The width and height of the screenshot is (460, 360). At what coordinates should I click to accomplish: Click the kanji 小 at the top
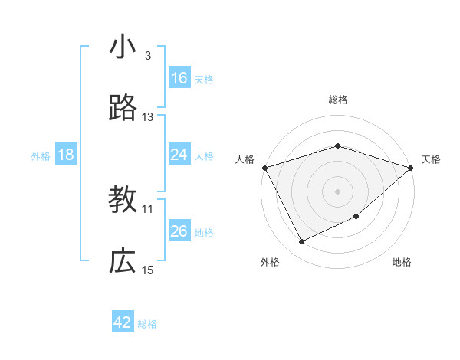tap(123, 47)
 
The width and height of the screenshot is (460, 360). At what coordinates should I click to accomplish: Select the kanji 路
tap(123, 109)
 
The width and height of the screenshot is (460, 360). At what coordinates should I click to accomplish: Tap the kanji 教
tap(123, 200)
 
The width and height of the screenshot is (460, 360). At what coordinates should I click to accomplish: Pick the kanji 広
tap(123, 261)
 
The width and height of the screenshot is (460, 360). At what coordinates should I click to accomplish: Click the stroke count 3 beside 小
tap(148, 56)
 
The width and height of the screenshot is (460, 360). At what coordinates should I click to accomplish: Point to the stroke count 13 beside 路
tap(148, 117)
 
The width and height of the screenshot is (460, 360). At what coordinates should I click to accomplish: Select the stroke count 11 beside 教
tap(148, 208)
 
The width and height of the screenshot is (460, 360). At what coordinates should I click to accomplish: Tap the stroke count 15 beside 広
tap(148, 270)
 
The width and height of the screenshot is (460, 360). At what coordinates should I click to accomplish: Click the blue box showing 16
tap(179, 78)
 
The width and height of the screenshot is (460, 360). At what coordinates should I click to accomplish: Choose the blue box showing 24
tap(179, 155)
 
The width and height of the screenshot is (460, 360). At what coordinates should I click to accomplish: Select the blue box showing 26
tap(179, 231)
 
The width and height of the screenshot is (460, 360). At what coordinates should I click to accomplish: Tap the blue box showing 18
tap(66, 155)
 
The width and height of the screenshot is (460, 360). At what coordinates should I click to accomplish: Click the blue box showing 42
tap(123, 322)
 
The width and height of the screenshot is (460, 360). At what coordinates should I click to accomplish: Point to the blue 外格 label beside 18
tap(41, 156)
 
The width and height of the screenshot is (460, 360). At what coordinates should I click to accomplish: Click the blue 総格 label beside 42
tap(147, 324)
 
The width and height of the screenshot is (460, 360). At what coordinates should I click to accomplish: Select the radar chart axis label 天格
tap(431, 159)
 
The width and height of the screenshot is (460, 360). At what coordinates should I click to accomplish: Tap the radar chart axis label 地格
tap(402, 262)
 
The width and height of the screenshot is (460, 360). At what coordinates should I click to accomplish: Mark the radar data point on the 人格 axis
tap(264, 168)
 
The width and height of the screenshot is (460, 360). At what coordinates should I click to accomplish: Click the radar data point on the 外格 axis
tap(301, 242)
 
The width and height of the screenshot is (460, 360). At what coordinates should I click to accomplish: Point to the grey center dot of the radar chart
tap(337, 191)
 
